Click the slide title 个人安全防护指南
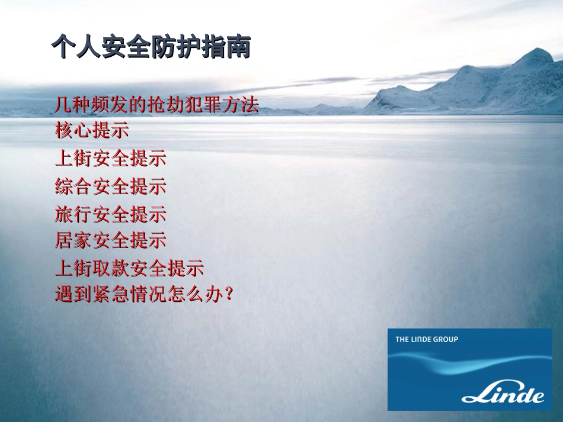click(x=151, y=47)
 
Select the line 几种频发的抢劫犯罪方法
click(x=157, y=105)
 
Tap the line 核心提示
click(x=92, y=131)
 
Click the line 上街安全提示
click(x=110, y=159)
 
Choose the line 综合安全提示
click(x=110, y=186)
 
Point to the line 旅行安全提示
click(x=110, y=214)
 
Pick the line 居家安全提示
click(x=110, y=241)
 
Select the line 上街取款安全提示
click(x=129, y=268)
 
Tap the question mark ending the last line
click(x=225, y=295)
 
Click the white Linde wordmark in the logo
click(x=503, y=393)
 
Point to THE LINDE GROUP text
click(x=427, y=339)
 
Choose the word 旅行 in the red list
click(x=73, y=214)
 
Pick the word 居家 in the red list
click(x=73, y=241)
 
